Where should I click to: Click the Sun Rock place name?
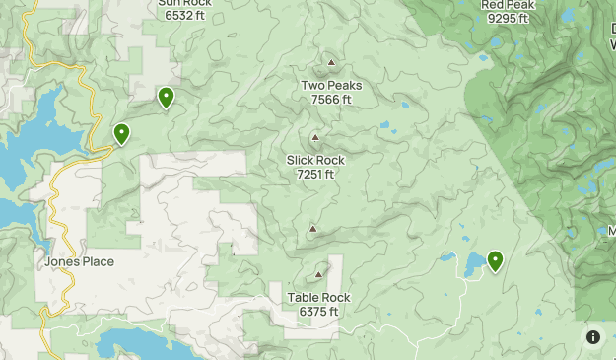pyautogui.click(x=184, y=3)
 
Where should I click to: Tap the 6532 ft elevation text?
pyautogui.click(x=184, y=16)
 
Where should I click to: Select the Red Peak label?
pyautogui.click(x=508, y=4)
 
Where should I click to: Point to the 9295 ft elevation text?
pyautogui.click(x=508, y=18)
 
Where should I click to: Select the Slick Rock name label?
pyautogui.click(x=315, y=160)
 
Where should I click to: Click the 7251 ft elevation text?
pyautogui.click(x=315, y=174)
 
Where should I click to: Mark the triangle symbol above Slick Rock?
pyautogui.click(x=315, y=138)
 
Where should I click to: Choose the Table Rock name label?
pyautogui.click(x=318, y=297)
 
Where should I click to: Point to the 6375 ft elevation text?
pyautogui.click(x=318, y=311)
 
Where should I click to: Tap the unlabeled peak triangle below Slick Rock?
pyautogui.click(x=312, y=229)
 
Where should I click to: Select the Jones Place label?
pyautogui.click(x=79, y=261)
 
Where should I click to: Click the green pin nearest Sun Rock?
pyautogui.click(x=166, y=97)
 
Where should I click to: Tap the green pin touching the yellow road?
pyautogui.click(x=121, y=133)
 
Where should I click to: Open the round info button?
pyautogui.click(x=593, y=337)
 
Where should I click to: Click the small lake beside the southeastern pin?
pyautogui.click(x=473, y=263)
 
